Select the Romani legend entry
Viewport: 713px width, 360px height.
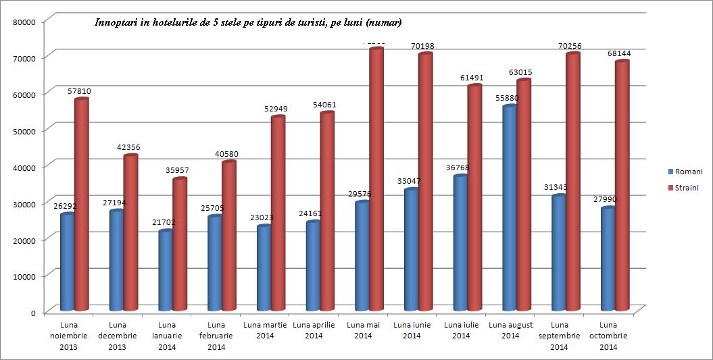click(x=684, y=172)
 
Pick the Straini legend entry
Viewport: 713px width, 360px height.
click(x=684, y=188)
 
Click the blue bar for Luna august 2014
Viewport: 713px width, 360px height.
click(x=510, y=209)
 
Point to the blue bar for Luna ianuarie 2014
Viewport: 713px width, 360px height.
click(x=165, y=270)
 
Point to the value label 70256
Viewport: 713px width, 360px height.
click(x=570, y=46)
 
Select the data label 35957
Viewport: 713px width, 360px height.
click(x=178, y=170)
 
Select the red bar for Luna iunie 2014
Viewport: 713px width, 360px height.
click(x=425, y=183)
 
